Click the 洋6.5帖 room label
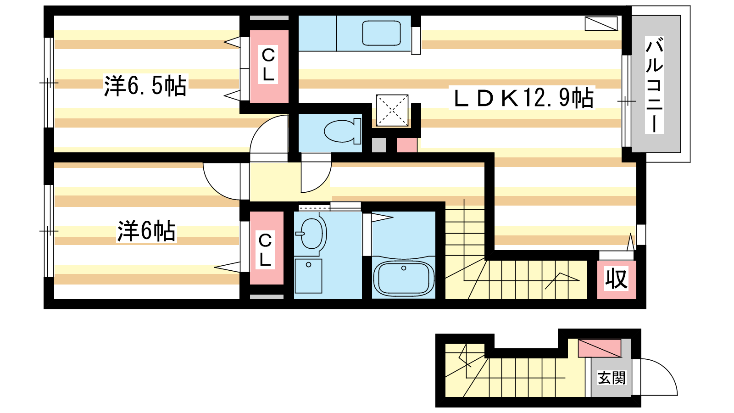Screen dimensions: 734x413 pos(145,86)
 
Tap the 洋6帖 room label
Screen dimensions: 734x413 pos(146,231)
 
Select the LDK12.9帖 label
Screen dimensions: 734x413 pos(523,98)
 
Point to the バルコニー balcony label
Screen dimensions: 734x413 pos(654,85)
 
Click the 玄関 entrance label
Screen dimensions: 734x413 pos(612,378)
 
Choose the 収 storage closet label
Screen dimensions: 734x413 pos(616,279)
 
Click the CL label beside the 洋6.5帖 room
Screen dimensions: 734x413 pos(268,65)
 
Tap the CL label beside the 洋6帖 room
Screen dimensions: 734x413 pos(265,250)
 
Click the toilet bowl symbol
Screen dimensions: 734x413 pos(342,131)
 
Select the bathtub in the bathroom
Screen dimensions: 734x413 pos(404,278)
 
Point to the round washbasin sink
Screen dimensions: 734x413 pos(311,234)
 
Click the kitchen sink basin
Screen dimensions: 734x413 pos(381,33)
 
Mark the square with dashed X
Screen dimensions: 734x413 pos(392,110)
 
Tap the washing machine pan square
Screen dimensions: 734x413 pos(308,276)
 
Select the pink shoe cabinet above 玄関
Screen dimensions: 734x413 pos(599,348)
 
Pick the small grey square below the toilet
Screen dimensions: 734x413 pos(379,145)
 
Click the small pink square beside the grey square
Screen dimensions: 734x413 pos(407,145)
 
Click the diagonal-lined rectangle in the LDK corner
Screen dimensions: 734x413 pos(601,23)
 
